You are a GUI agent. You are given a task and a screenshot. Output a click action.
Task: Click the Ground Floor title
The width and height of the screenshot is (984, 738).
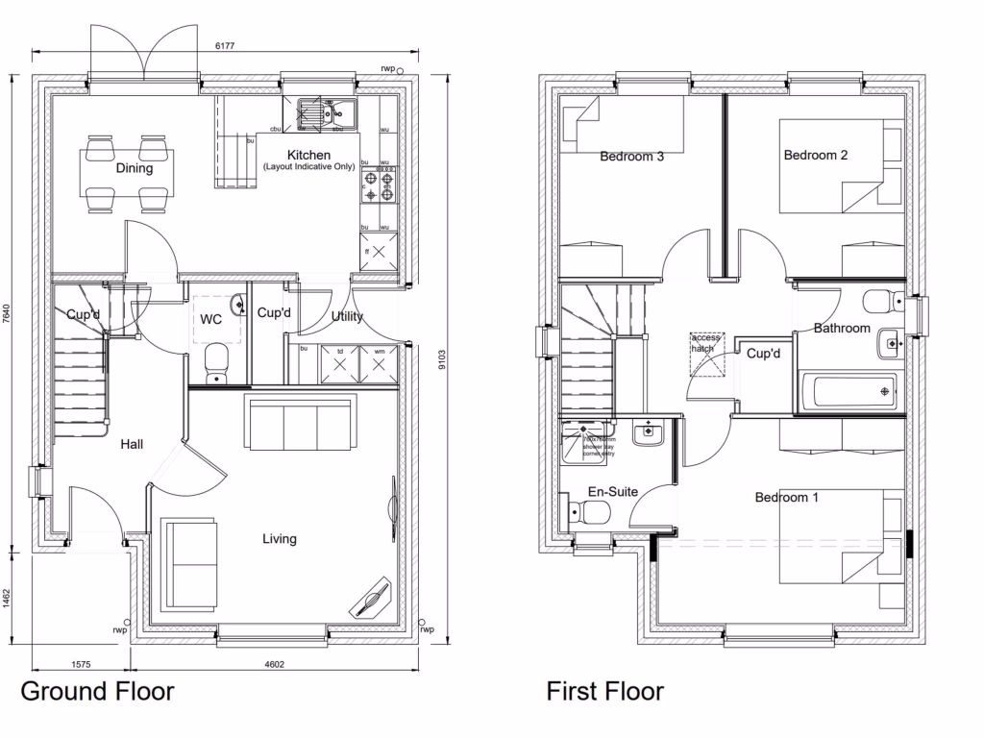pyautogui.click(x=97, y=690)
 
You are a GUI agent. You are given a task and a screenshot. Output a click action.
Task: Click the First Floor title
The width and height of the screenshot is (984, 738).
pyautogui.click(x=604, y=690)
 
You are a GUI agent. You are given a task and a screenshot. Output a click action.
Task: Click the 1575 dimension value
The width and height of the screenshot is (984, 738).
pyautogui.click(x=81, y=664)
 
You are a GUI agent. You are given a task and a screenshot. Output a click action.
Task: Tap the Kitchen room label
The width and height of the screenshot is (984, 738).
pyautogui.click(x=308, y=155)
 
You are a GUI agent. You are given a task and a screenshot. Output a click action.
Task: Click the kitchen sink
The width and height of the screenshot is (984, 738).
pyautogui.click(x=326, y=113)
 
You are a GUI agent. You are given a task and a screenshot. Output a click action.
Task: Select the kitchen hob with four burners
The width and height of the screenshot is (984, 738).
pyautogui.click(x=377, y=186)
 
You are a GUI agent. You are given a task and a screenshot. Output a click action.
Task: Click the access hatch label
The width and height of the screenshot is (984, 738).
pyautogui.click(x=706, y=343)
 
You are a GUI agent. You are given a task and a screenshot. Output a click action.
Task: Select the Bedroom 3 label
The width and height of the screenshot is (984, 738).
pyautogui.click(x=631, y=157)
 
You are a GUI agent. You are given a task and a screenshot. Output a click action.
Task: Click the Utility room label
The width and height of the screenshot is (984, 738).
pyautogui.click(x=347, y=316)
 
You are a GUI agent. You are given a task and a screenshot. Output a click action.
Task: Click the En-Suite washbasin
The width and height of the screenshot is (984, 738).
pyautogui.click(x=649, y=434)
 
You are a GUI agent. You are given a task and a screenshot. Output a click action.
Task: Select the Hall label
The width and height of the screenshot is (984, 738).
pyautogui.click(x=132, y=445)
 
